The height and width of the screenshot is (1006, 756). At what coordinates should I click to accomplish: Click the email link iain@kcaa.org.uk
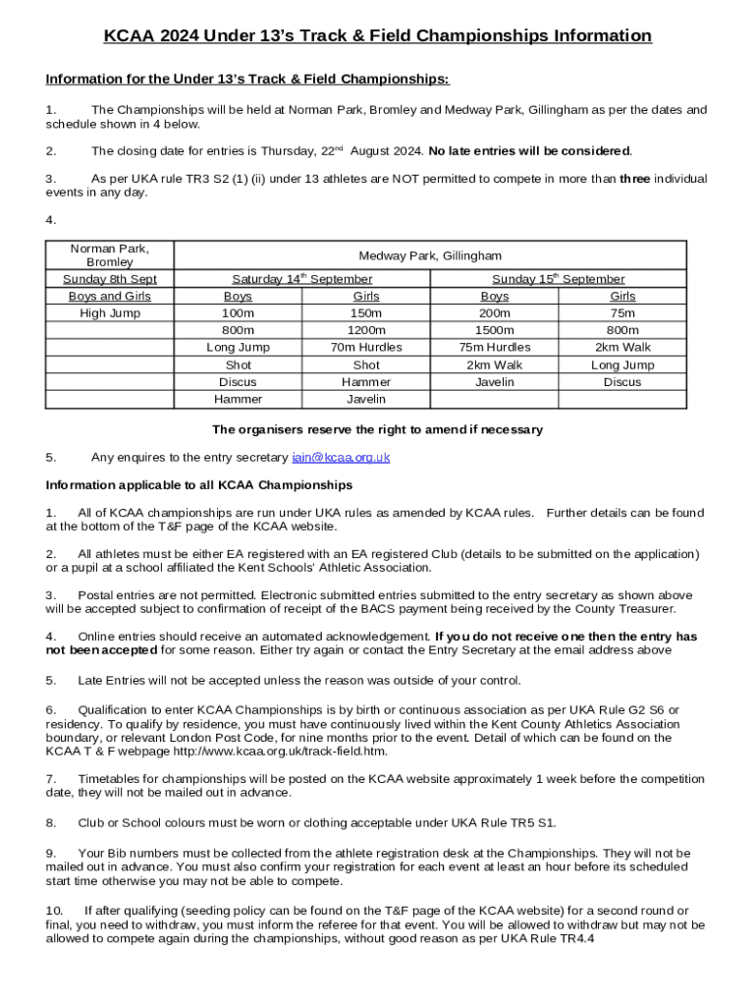(x=341, y=457)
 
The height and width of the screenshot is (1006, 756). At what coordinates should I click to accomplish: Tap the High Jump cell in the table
(x=110, y=313)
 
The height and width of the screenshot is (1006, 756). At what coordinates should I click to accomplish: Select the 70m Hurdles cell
(x=366, y=348)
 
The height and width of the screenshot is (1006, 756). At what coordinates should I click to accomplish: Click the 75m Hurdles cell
(x=495, y=348)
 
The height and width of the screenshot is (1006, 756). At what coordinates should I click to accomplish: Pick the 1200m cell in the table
(x=366, y=330)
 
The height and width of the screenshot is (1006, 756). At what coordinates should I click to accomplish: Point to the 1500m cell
(x=495, y=330)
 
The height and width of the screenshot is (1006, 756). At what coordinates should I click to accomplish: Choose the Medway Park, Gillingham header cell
(x=430, y=255)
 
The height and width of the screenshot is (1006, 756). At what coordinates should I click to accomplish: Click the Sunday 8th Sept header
(x=110, y=279)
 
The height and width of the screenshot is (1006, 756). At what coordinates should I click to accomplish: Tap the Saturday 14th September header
(x=302, y=279)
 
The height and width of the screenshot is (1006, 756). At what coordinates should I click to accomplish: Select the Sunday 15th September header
(x=559, y=279)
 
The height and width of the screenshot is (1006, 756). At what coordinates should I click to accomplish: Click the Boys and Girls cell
(x=110, y=296)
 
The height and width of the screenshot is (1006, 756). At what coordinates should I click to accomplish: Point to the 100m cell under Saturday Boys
(x=238, y=313)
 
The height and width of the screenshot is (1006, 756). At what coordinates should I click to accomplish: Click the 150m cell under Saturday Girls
(x=366, y=313)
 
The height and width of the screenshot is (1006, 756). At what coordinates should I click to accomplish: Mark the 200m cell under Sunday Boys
(x=495, y=313)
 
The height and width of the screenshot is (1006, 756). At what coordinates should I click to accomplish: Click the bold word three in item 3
(x=634, y=179)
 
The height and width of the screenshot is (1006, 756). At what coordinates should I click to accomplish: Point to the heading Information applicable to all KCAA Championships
(x=198, y=485)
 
